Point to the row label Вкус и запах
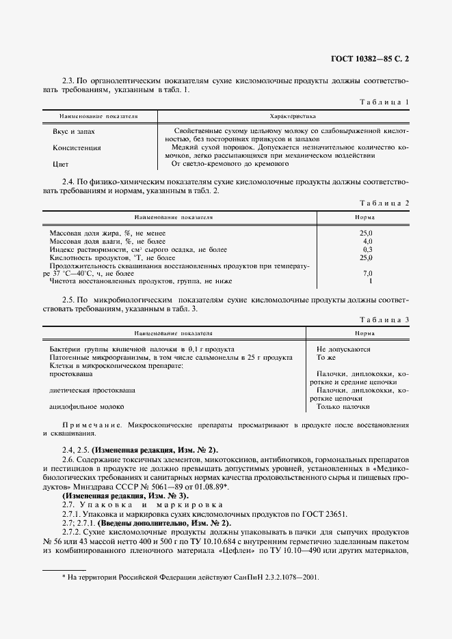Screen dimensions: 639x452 coord(74,130)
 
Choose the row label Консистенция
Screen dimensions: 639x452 coord(77,147)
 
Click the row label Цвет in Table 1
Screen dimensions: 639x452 coord(61,165)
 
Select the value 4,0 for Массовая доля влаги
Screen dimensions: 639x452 coord(367,242)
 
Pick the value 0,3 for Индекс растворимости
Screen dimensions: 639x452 coord(367,250)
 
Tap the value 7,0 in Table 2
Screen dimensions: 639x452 coord(367,273)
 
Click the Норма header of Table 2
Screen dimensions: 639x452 coord(364,218)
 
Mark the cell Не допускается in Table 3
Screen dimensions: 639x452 coord(343,349)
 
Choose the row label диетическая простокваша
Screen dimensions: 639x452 coord(92,390)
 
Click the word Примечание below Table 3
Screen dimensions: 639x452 coord(90,425)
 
